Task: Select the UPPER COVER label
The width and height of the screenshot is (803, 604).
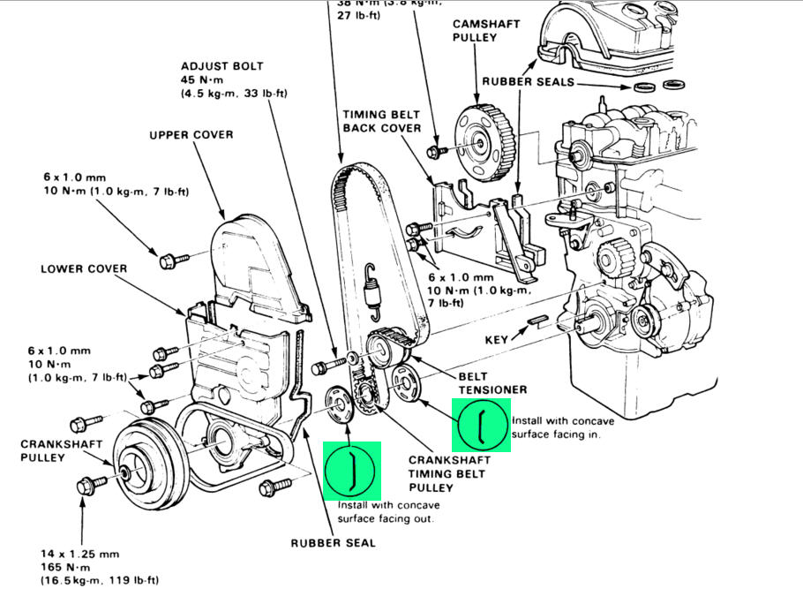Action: tap(191, 135)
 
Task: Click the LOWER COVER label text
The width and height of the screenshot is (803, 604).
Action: tap(83, 268)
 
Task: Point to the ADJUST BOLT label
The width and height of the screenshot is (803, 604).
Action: tap(221, 66)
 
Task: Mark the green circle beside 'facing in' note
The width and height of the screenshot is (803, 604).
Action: tap(482, 425)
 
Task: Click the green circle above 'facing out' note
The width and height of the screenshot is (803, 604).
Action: tap(352, 469)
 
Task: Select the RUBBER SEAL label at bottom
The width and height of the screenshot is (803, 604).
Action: tap(333, 542)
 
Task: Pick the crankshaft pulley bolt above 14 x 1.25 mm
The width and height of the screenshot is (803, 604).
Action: tap(90, 485)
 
